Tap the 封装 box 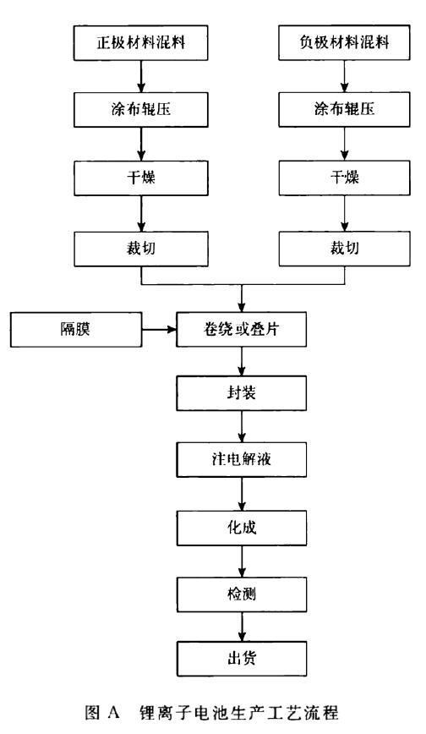[x=243, y=393]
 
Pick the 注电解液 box [x=243, y=461]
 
